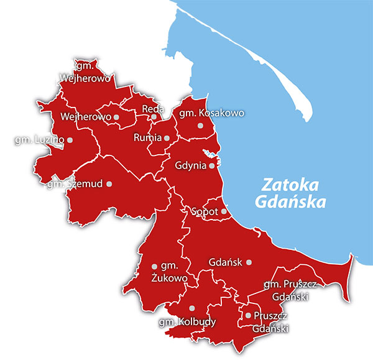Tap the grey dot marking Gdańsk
pyautogui.click(x=249, y=262)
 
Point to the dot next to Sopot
pyautogui.click(x=224, y=211)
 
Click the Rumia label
pyautogui.click(x=147, y=138)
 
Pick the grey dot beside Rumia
pyautogui.click(x=167, y=138)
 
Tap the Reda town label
pyautogui.click(x=153, y=109)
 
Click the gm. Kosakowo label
pyautogui.click(x=211, y=113)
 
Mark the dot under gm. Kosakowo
pyautogui.click(x=200, y=126)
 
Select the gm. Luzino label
pyautogui.click(x=39, y=140)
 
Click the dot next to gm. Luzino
pyautogui.click(x=70, y=140)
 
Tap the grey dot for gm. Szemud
pyautogui.click(x=109, y=183)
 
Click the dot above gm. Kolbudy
pyautogui.click(x=192, y=308)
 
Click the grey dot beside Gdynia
pyautogui.click(x=212, y=166)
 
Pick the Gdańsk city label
pyautogui.click(x=225, y=262)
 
